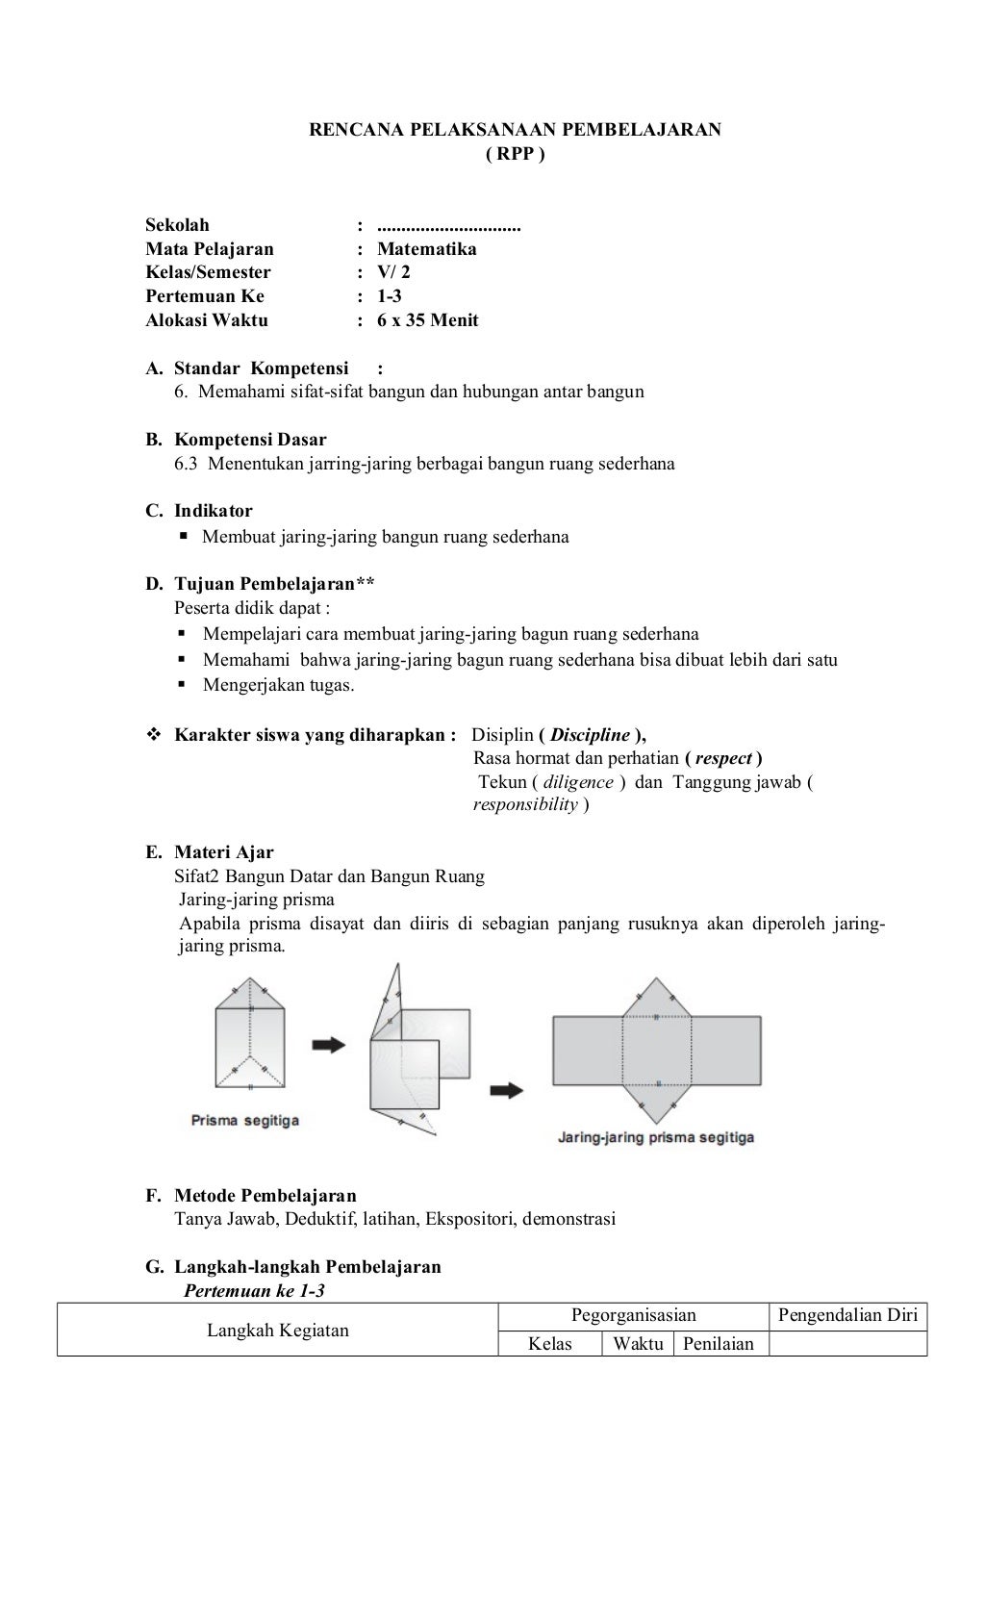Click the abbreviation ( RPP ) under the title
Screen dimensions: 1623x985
click(515, 154)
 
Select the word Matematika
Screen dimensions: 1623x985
click(426, 249)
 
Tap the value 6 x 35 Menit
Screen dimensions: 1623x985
click(427, 320)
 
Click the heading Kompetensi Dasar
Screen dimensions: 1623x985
click(250, 440)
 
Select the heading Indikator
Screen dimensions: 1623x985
click(213, 511)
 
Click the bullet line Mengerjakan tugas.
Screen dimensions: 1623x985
click(278, 685)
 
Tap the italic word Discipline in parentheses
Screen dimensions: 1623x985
click(590, 735)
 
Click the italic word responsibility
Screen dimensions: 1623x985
click(525, 805)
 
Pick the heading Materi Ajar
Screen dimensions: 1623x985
click(223, 852)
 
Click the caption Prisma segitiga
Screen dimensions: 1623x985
click(244, 1121)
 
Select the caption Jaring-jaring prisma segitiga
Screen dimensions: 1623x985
click(655, 1137)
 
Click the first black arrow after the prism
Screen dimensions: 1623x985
click(329, 1044)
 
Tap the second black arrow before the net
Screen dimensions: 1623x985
click(507, 1090)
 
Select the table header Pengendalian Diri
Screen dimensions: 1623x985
click(847, 1315)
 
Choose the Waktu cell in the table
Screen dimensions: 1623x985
click(638, 1344)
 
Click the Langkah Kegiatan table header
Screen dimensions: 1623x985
click(278, 1331)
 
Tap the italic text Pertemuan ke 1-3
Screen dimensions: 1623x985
click(254, 1291)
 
